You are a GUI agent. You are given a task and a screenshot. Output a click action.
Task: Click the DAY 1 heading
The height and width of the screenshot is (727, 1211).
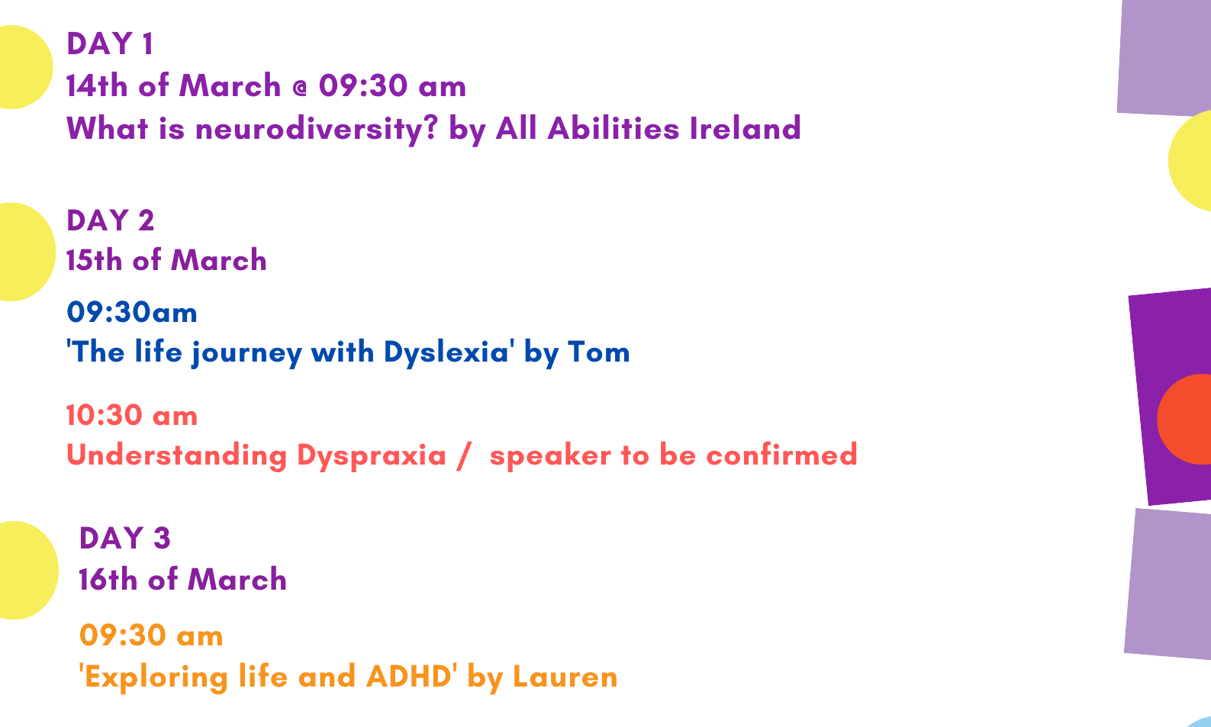110,43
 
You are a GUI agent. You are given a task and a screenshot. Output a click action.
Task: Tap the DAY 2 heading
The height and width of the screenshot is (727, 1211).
111,220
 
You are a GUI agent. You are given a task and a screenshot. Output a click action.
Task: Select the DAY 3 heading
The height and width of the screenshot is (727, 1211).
125,539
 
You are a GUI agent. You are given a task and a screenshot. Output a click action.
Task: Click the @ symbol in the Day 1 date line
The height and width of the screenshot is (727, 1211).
299,88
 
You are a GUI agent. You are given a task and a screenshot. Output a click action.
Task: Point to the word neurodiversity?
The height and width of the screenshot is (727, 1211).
316,130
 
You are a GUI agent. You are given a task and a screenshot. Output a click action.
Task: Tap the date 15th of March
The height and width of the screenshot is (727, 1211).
166,260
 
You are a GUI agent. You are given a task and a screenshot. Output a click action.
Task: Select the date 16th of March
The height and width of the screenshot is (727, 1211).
182,580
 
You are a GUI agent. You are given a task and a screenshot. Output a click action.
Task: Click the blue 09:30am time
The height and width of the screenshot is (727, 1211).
132,313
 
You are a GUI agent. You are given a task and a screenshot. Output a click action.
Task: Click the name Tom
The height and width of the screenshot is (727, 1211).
599,352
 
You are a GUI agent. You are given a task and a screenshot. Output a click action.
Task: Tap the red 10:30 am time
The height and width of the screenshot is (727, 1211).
132,416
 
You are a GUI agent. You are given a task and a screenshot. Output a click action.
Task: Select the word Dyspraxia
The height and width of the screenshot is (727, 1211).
372,456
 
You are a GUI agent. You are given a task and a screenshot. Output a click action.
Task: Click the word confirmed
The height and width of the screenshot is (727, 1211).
781,455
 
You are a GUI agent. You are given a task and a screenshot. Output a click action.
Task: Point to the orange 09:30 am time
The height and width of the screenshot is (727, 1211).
151,635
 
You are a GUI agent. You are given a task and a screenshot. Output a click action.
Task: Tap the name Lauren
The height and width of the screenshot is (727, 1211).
565,677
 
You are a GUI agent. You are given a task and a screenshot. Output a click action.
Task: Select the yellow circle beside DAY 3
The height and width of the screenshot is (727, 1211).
27,571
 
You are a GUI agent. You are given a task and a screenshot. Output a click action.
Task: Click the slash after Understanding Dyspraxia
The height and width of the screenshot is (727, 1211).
463,456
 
